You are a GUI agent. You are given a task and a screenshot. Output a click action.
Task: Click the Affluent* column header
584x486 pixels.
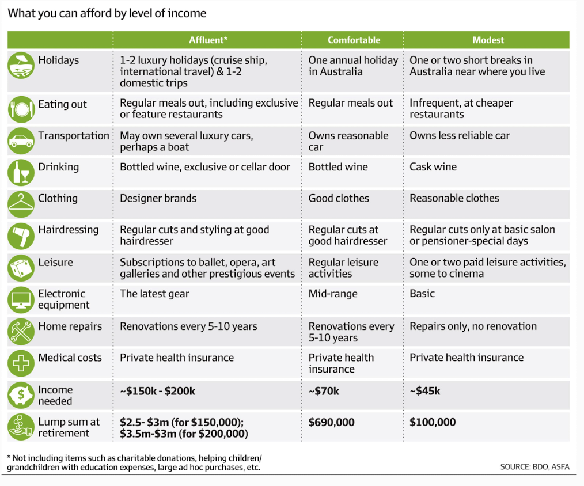click(208, 40)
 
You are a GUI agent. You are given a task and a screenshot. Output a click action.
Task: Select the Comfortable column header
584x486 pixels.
click(354, 40)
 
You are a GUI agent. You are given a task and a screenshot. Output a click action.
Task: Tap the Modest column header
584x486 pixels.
click(488, 40)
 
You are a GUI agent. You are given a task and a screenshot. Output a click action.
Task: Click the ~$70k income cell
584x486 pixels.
click(324, 392)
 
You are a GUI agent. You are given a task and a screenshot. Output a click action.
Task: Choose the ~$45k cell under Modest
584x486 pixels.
click(425, 392)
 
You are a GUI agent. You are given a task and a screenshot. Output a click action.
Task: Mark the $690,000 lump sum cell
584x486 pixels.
click(331, 423)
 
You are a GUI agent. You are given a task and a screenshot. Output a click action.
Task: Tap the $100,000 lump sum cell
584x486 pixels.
click(433, 423)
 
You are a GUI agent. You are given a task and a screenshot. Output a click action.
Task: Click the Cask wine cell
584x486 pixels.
click(433, 167)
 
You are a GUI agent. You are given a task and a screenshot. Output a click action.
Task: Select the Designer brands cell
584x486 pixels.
click(158, 199)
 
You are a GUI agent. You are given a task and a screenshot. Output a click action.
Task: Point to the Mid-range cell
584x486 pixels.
click(333, 294)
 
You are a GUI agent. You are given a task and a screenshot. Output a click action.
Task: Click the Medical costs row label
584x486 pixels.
click(70, 358)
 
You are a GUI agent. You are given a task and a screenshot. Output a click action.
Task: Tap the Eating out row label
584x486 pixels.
click(62, 105)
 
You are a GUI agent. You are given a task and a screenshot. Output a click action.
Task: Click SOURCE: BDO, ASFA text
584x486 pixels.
click(534, 466)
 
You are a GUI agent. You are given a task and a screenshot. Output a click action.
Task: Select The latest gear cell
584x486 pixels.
click(154, 294)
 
